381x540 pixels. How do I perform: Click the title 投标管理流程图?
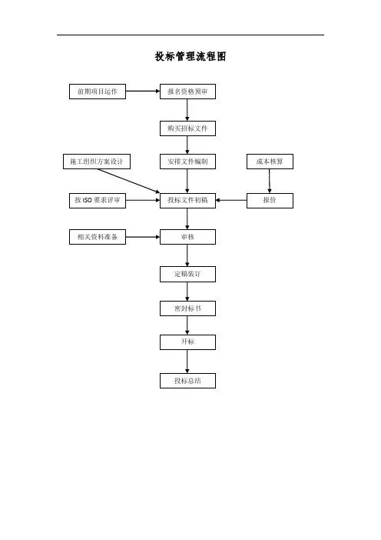click(x=190, y=56)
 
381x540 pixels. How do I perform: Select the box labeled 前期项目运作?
click(x=98, y=92)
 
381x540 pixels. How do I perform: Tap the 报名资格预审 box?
click(x=187, y=92)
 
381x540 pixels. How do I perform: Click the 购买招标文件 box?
click(x=187, y=128)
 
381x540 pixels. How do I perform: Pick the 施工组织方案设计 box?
click(x=97, y=162)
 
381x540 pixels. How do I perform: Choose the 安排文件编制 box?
click(x=187, y=162)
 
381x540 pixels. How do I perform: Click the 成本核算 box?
click(x=270, y=162)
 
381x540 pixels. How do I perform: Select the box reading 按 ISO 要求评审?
click(x=98, y=201)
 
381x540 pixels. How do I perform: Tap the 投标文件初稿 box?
click(x=187, y=201)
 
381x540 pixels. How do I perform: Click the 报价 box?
click(x=270, y=201)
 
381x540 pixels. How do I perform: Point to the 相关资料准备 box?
click(x=98, y=237)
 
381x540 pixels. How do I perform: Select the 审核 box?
click(x=187, y=237)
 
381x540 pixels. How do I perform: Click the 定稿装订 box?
click(x=187, y=274)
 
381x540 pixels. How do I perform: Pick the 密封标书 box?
click(x=187, y=308)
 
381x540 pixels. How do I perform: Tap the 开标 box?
click(x=187, y=342)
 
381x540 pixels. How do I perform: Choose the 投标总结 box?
click(x=187, y=381)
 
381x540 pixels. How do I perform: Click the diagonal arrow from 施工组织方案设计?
click(x=129, y=181)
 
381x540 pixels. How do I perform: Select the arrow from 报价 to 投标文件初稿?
click(x=231, y=201)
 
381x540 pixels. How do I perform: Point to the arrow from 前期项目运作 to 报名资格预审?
click(x=143, y=92)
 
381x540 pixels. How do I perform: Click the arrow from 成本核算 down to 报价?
click(x=270, y=181)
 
